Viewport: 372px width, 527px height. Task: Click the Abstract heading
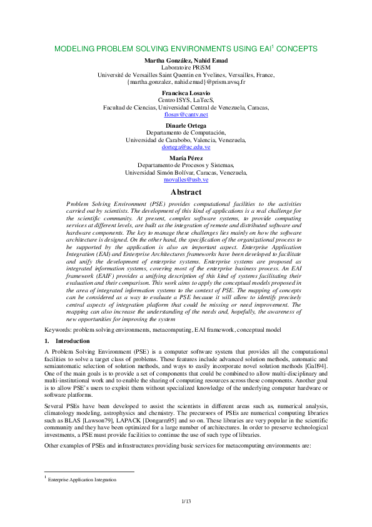[x=186, y=193]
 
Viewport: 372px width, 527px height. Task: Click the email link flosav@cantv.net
[x=186, y=115]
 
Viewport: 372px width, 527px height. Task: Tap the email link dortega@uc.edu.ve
[x=186, y=147]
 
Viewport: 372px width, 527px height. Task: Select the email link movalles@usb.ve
[x=186, y=180]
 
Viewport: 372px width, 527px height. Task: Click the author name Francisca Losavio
[x=186, y=93]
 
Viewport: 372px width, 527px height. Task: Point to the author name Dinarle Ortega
[x=186, y=125]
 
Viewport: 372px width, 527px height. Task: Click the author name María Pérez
[x=186, y=157]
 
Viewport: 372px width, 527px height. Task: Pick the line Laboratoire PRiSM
[x=186, y=67]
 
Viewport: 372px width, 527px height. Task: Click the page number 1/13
[x=186, y=501]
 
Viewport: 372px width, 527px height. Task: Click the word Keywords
[x=57, y=329]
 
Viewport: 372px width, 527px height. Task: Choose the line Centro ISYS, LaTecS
[x=186, y=100]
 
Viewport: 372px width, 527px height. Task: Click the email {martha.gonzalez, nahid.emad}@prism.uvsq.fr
[x=186, y=82]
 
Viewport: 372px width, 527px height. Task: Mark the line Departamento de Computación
[x=186, y=132]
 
